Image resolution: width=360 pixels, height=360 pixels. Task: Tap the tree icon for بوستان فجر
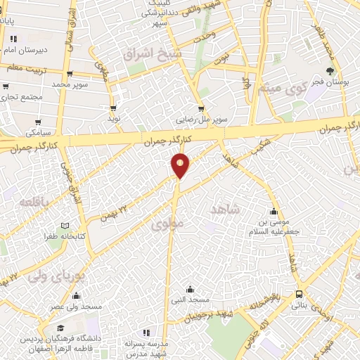coord(331,71)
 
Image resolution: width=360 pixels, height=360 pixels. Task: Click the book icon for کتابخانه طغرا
coord(65,226)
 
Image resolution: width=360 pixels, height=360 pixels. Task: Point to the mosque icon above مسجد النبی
coord(190,289)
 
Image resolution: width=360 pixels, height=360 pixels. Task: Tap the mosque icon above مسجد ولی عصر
coord(76,295)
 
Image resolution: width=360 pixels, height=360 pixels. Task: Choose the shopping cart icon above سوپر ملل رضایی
coord(202,109)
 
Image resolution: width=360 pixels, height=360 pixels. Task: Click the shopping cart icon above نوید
coord(113,108)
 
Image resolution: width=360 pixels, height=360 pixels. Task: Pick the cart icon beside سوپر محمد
coord(70,72)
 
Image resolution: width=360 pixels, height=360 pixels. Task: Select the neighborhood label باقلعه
coord(34,202)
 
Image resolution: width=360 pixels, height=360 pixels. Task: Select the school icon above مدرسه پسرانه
coord(146,332)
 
